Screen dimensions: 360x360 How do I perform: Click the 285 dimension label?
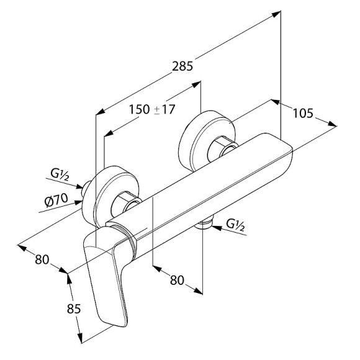coord(182,66)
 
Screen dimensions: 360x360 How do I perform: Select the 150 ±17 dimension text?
coord(152,109)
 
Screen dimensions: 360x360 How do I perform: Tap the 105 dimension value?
coord(303,113)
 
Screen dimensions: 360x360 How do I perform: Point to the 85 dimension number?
coord(74,308)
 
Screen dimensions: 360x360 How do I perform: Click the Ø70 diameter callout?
coord(56,200)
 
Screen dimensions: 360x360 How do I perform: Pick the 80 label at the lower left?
coord(42,259)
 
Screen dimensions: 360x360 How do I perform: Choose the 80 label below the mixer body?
coord(177,280)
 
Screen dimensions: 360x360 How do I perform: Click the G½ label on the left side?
coord(60,175)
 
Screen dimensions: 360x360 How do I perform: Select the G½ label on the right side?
coord(235,225)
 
